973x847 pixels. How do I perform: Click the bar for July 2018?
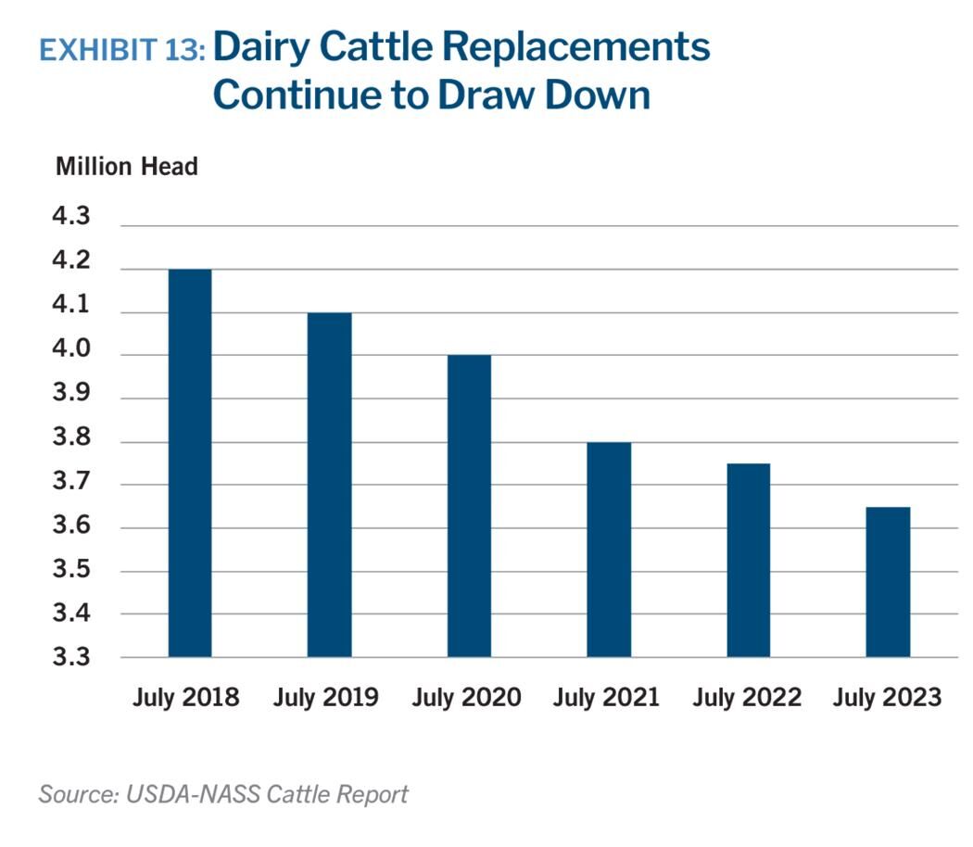click(190, 463)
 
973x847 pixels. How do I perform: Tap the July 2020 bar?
click(469, 506)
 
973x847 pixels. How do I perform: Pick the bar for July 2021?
click(609, 550)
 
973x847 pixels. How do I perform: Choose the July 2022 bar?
click(748, 560)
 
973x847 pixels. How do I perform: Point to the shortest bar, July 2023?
click(888, 582)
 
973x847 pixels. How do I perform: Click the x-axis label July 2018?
click(186, 697)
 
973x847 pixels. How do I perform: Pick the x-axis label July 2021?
click(606, 697)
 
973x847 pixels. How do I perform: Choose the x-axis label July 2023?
click(887, 697)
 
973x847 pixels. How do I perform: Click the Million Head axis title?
click(127, 167)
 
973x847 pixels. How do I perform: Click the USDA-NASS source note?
click(223, 794)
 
